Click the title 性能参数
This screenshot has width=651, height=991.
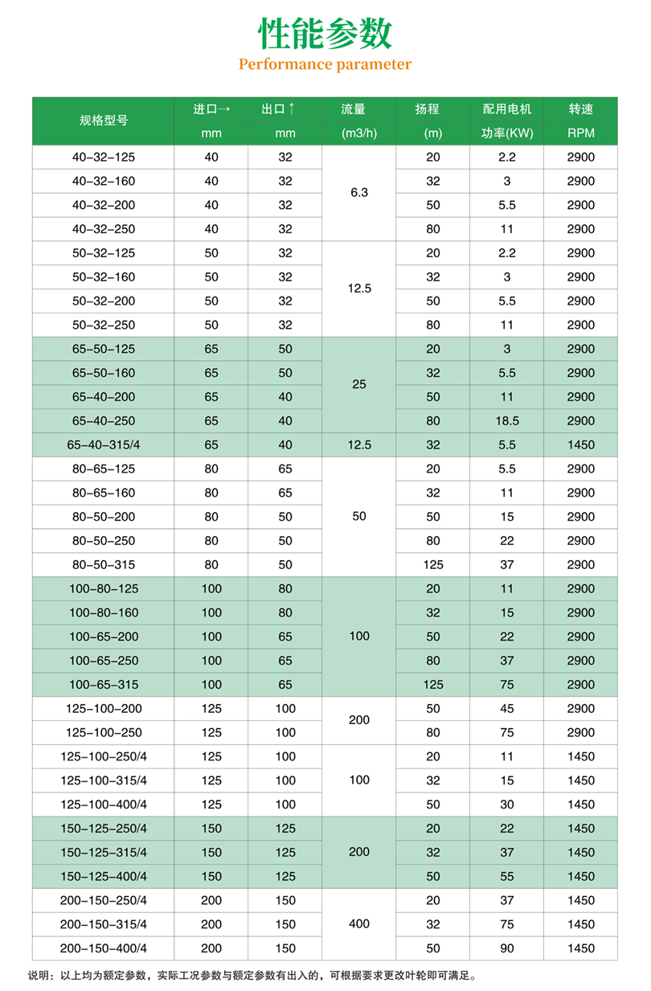[325, 35]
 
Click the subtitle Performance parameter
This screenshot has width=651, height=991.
[325, 65]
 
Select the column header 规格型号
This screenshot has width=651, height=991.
[104, 121]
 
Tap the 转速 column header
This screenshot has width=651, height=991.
[580, 109]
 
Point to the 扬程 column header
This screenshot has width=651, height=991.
[433, 109]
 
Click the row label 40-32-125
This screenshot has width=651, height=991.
[104, 158]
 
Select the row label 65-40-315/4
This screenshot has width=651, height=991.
[104, 444]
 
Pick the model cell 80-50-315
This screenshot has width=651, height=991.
[104, 564]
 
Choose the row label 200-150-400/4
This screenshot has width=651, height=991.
[104, 948]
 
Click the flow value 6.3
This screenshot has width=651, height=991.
[359, 193]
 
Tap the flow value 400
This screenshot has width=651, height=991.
[359, 924]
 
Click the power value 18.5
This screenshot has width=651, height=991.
[506, 420]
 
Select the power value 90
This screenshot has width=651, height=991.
[506, 948]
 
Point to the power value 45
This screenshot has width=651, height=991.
[506, 708]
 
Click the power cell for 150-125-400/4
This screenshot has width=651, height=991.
[506, 876]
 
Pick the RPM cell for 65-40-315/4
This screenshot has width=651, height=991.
[580, 444]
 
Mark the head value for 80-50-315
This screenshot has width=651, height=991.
[433, 564]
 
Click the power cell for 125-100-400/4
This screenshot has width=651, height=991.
[506, 805]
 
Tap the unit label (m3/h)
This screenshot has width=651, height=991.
[359, 133]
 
